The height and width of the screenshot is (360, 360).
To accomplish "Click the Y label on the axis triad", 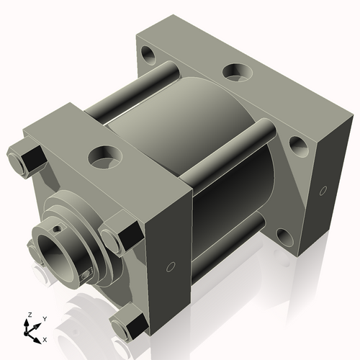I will click(x=44, y=318).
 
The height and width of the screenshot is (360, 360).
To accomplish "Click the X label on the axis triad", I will click(x=45, y=338).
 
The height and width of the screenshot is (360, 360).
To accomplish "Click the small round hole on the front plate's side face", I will click(x=170, y=267).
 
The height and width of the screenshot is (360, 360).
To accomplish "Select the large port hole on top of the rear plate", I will click(x=235, y=71).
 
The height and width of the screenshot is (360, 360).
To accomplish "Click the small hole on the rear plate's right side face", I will click(x=321, y=191).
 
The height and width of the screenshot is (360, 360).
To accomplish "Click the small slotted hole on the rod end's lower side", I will click(x=87, y=273).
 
